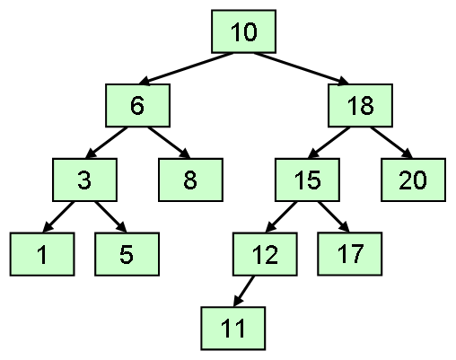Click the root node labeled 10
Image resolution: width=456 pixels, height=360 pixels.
click(x=243, y=31)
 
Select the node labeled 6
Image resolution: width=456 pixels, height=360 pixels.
click(x=137, y=106)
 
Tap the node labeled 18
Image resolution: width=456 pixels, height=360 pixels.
click(x=360, y=106)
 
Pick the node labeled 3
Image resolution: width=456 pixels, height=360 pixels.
click(x=84, y=180)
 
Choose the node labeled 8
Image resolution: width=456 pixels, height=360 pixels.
click(x=190, y=180)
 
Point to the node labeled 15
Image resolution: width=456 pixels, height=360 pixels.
click(x=307, y=180)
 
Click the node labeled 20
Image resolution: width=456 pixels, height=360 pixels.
click(x=413, y=180)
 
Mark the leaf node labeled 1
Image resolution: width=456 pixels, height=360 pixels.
click(x=42, y=254)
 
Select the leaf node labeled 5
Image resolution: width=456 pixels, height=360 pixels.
click(x=127, y=254)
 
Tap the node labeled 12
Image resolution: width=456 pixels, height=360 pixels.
click(x=265, y=254)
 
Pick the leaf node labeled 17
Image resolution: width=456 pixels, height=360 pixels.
click(x=350, y=254)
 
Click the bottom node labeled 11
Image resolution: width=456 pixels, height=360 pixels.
click(x=233, y=329)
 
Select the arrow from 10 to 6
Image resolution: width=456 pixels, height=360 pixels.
click(x=186, y=68)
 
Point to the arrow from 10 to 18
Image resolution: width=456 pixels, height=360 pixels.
click(x=302, y=68)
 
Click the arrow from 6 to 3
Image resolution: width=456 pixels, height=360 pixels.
click(x=106, y=143)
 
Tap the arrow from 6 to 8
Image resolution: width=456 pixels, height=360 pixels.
click(x=169, y=143)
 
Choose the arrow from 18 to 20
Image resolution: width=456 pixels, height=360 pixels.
click(x=391, y=143)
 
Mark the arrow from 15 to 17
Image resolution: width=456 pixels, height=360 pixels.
click(x=334, y=216)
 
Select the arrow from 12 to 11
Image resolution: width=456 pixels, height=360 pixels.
click(x=243, y=291)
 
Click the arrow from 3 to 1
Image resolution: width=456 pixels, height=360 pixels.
click(x=58, y=216)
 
